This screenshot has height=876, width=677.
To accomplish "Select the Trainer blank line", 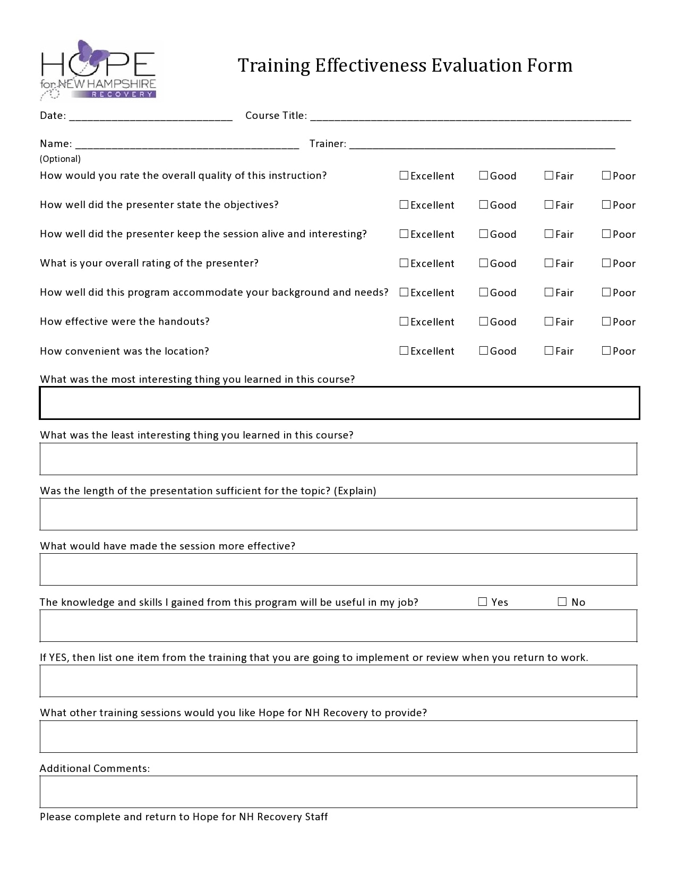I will (482, 145).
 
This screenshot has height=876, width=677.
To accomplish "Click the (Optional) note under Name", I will (60, 159).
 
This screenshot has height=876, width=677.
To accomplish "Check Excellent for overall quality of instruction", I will (404, 175).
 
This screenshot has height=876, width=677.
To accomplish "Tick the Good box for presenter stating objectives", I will (483, 204).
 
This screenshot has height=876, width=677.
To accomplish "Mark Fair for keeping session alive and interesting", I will (549, 234).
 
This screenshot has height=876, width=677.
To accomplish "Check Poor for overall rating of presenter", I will (606, 263).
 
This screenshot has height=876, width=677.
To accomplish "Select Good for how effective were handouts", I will (483, 321).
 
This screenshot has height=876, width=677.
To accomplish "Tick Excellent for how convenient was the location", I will (404, 350).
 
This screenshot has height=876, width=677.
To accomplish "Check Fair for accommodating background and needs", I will (549, 292).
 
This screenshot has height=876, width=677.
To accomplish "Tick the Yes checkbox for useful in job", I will (482, 602).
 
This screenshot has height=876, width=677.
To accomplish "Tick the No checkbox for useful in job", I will (562, 602).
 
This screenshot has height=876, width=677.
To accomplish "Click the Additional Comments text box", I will (339, 792).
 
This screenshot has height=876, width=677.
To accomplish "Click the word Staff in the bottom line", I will (316, 817).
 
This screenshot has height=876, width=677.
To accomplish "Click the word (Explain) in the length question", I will (355, 491).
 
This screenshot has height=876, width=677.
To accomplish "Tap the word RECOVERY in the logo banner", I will (122, 94).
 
